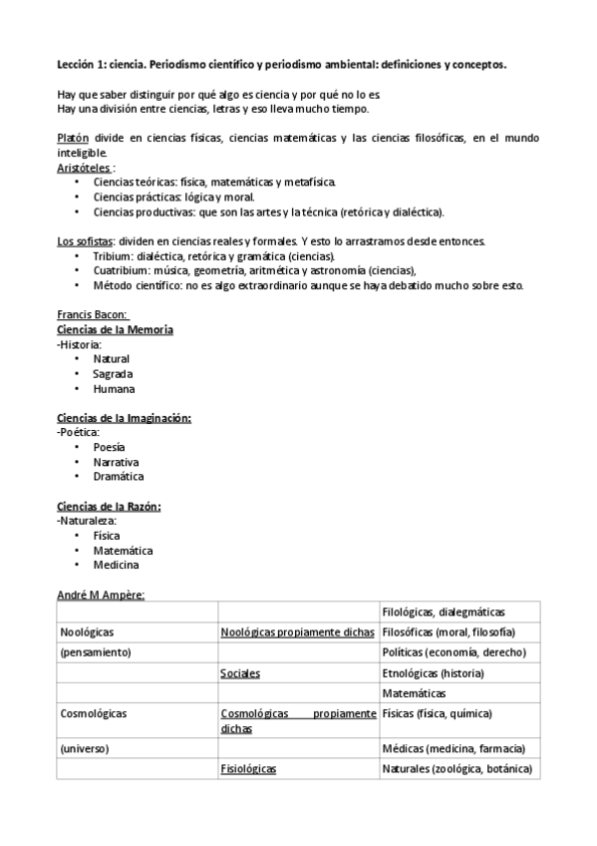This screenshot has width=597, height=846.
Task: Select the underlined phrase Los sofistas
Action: pyautogui.click(x=85, y=240)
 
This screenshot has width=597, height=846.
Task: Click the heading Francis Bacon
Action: pyautogui.click(x=86, y=313)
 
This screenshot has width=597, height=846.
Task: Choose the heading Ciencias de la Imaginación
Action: pyautogui.click(x=125, y=418)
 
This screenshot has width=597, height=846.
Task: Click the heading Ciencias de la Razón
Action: pyautogui.click(x=109, y=506)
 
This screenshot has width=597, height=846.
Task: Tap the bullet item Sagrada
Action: pyautogui.click(x=113, y=374)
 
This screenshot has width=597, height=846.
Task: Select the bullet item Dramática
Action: pyautogui.click(x=119, y=477)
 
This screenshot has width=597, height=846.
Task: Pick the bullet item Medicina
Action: pyautogui.click(x=116, y=565)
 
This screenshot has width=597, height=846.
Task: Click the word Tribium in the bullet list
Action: pyautogui.click(x=112, y=255)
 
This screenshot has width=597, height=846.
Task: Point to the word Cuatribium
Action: pyautogui.click(x=120, y=270)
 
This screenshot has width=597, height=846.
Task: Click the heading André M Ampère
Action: pyautogui.click(x=102, y=595)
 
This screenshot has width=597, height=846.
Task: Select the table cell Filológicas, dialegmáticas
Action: pyautogui.click(x=444, y=612)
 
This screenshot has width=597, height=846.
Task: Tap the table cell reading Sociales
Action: pyautogui.click(x=240, y=673)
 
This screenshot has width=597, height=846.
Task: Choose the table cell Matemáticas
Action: pyautogui.click(x=414, y=692)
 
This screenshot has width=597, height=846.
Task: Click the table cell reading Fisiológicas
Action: pyautogui.click(x=248, y=769)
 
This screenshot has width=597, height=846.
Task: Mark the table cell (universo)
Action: pyautogui.click(x=85, y=748)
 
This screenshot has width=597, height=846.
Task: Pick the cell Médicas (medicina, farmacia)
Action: pyautogui.click(x=452, y=748)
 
